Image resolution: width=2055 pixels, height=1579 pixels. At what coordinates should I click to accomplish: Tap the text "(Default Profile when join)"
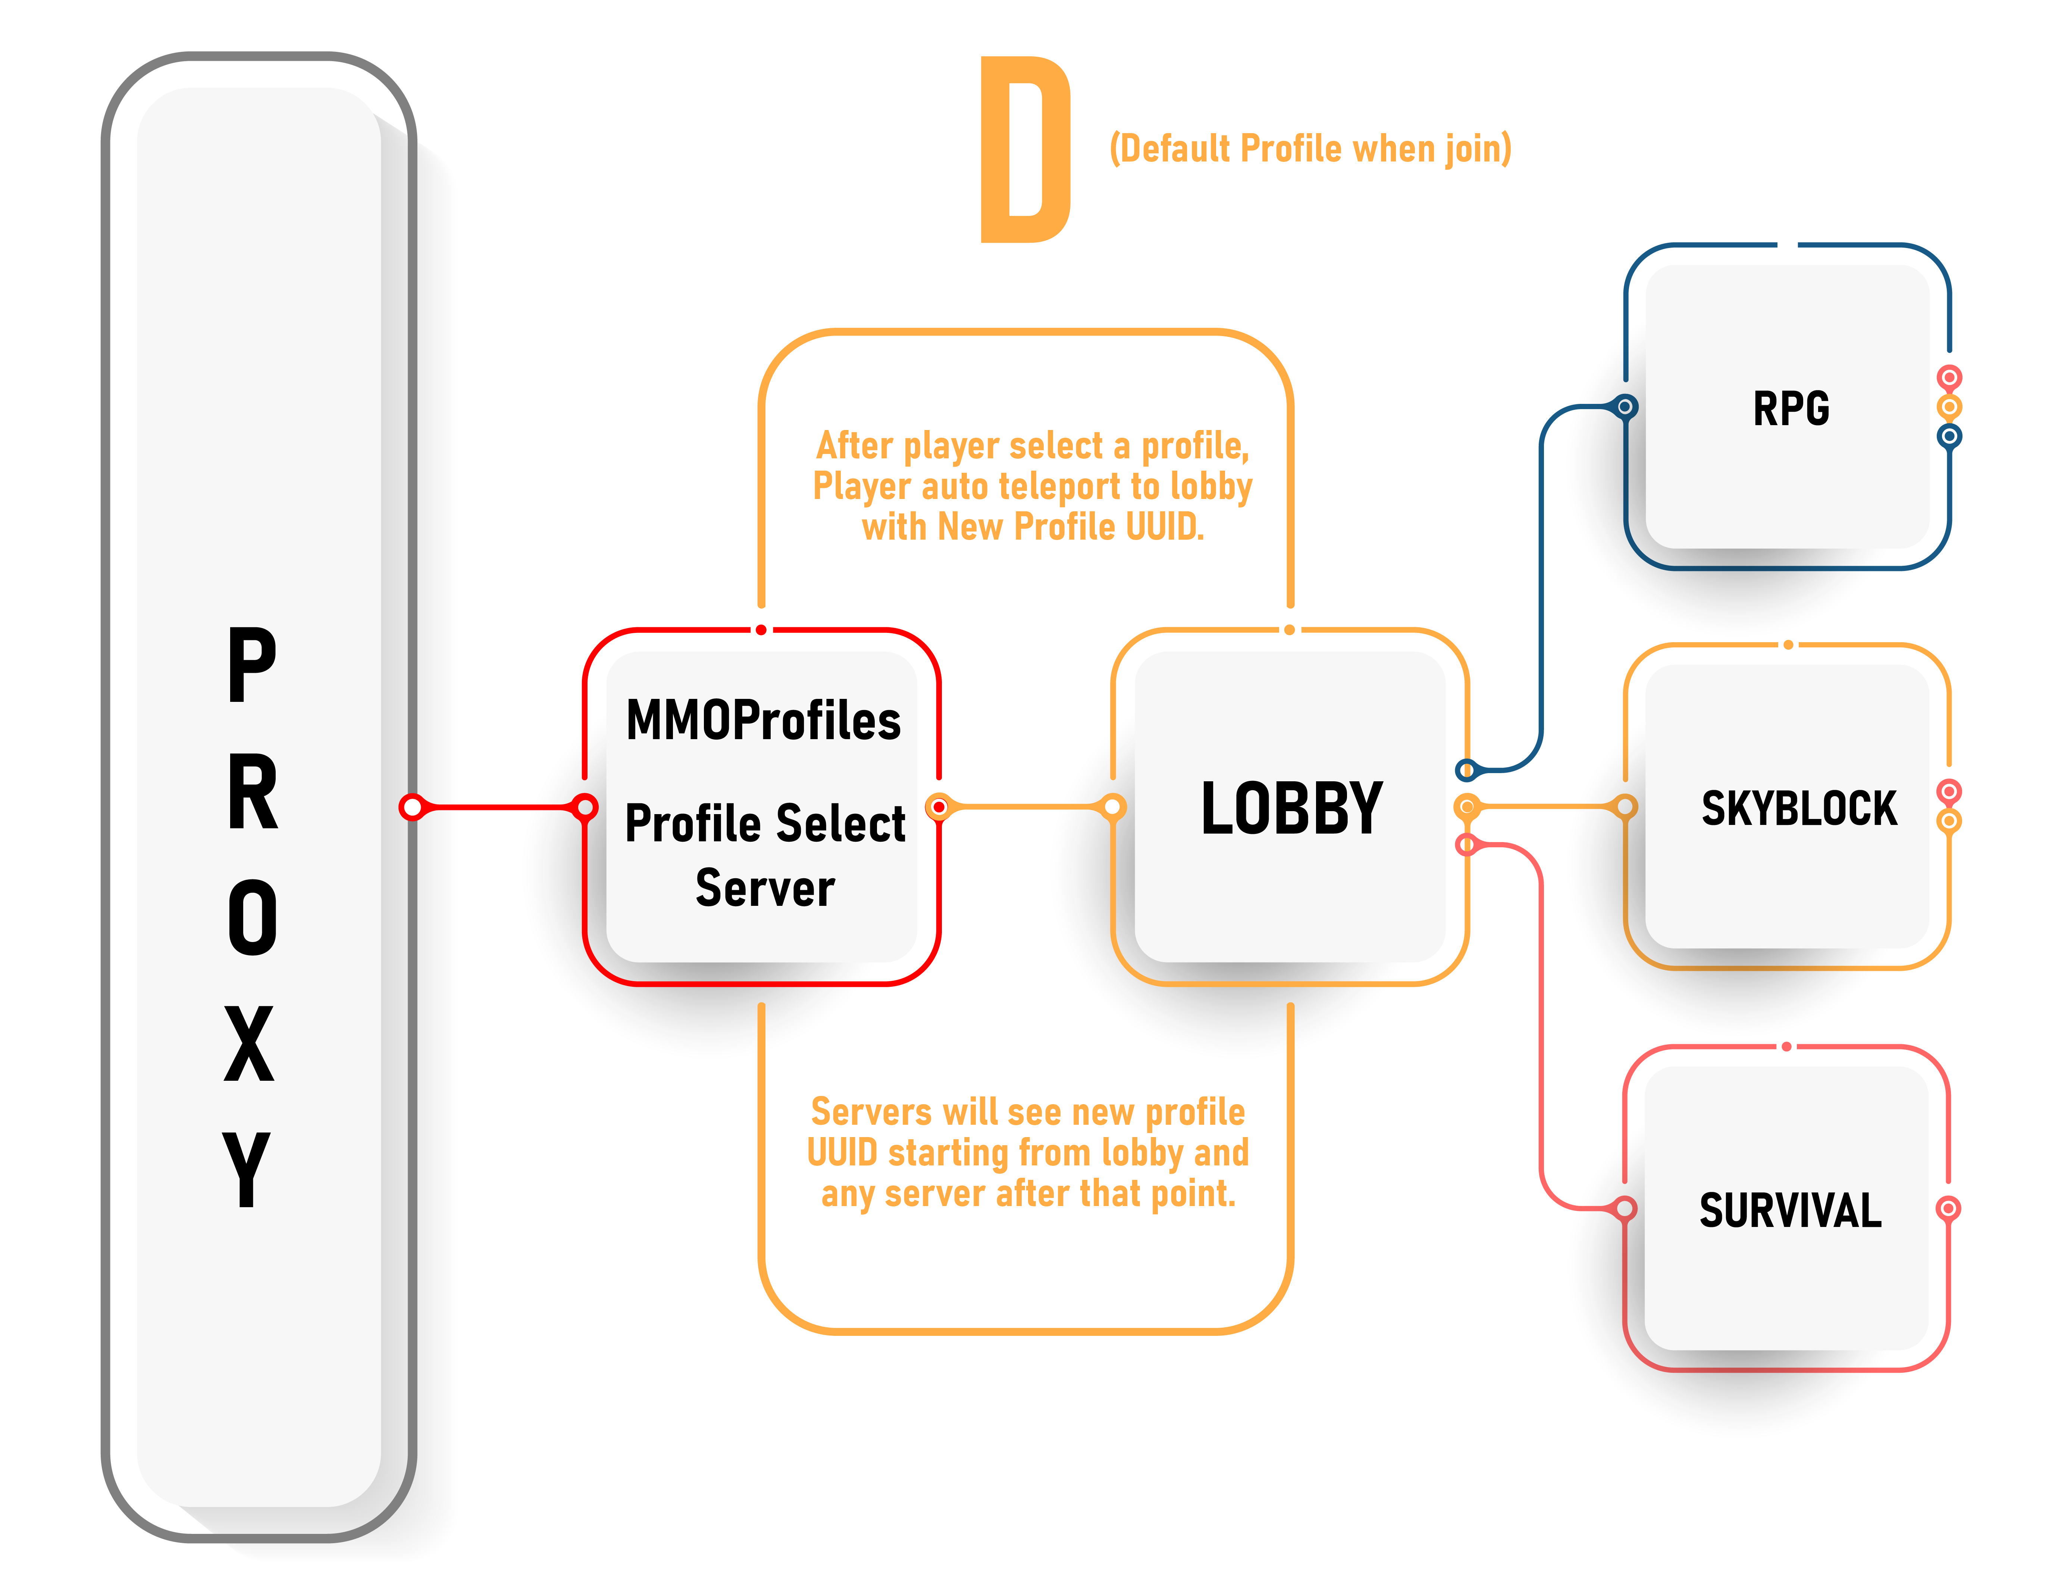[1310, 148]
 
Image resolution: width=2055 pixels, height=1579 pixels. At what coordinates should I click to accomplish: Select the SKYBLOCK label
[1798, 808]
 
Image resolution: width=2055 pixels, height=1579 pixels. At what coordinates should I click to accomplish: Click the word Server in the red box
[764, 888]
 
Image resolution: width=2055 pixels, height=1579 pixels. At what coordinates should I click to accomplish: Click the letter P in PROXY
[252, 665]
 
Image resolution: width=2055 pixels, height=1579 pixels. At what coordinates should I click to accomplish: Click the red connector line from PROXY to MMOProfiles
[498, 806]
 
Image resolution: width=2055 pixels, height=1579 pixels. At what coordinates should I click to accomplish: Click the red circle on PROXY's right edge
[412, 806]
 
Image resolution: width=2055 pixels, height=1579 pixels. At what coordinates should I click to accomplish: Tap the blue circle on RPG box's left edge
[1625, 407]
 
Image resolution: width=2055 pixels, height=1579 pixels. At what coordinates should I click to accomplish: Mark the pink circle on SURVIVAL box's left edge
[1625, 1208]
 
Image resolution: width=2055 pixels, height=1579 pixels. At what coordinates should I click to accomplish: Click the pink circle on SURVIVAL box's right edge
[1949, 1208]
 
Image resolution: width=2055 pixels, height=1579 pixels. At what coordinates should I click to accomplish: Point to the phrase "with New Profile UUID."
[1032, 527]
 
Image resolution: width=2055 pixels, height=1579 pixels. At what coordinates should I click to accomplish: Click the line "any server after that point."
[1027, 1194]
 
